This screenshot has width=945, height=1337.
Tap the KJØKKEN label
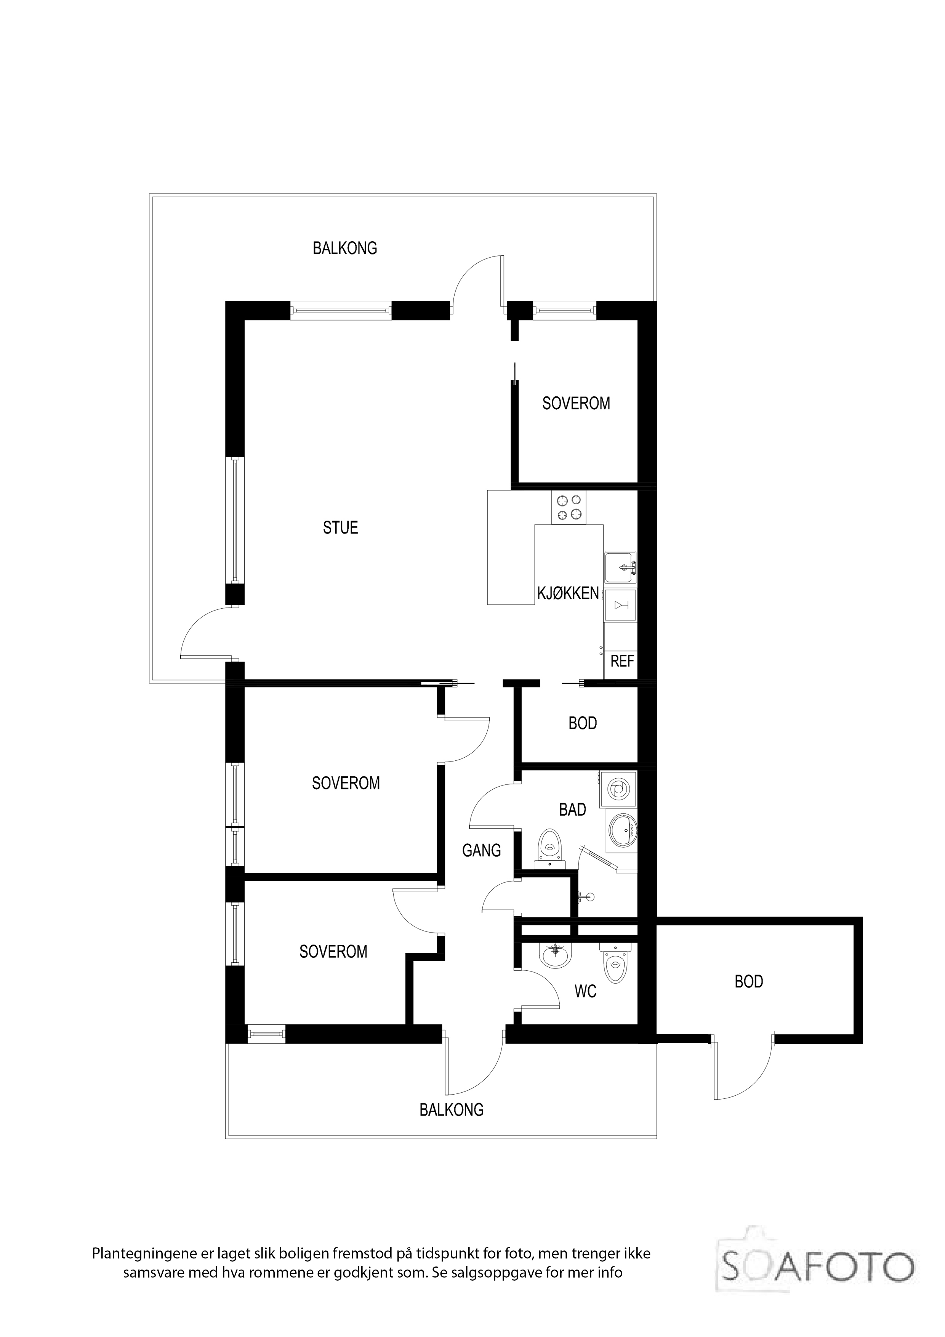[568, 593]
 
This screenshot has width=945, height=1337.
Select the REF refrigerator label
[622, 662]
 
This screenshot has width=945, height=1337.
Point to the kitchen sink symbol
[620, 568]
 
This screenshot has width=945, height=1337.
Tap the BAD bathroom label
[572, 810]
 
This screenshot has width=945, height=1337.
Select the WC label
[585, 991]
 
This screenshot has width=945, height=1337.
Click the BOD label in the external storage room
[749, 982]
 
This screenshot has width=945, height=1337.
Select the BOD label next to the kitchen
[583, 723]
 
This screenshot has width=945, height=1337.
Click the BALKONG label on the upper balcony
[345, 248]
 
